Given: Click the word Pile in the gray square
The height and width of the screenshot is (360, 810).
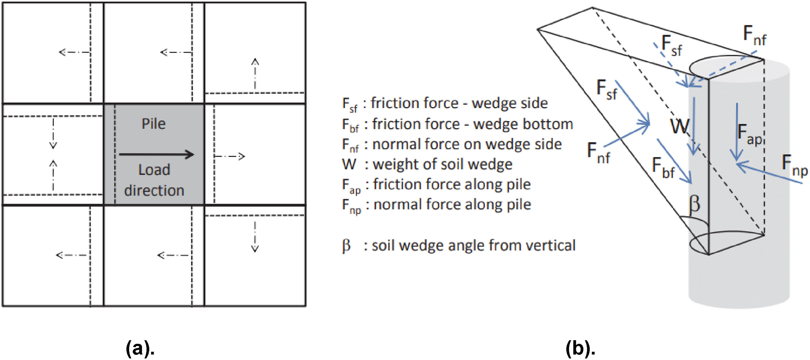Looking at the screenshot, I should tap(153, 124).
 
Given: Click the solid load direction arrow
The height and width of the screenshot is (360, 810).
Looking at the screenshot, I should tap(157, 155).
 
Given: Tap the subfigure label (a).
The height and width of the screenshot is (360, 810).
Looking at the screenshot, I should tap(140, 349).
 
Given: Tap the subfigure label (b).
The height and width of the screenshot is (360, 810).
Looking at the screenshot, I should tap(580, 349).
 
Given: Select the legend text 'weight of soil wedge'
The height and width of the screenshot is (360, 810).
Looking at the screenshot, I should tap(442, 164).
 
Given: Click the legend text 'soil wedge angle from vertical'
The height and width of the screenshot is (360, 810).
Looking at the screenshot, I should tap(473, 245).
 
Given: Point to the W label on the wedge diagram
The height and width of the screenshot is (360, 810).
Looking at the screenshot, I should tap(679, 126).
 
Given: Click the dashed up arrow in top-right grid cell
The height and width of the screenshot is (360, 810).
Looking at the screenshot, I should tap(255, 74).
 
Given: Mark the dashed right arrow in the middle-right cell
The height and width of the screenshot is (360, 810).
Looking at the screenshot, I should tap(229, 157).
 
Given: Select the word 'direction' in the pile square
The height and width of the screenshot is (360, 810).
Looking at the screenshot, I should tap(154, 190).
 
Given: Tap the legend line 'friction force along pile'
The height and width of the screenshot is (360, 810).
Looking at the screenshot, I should tap(451, 185).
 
